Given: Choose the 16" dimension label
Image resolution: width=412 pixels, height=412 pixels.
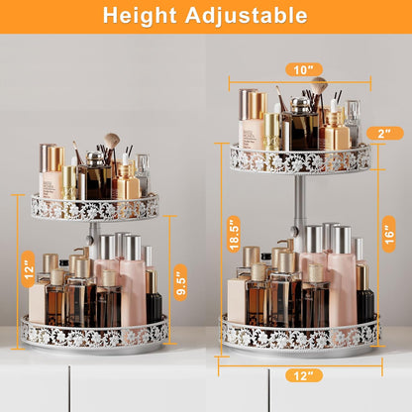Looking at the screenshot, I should [x=389, y=234].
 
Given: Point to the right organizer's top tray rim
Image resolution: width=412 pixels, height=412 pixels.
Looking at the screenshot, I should [x=300, y=158].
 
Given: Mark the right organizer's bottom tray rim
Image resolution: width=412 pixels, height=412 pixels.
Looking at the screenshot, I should [x=299, y=335].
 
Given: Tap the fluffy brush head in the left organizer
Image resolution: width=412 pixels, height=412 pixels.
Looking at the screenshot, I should [x=112, y=142].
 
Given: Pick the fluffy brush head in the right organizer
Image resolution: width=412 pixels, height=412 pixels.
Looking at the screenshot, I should [x=319, y=84].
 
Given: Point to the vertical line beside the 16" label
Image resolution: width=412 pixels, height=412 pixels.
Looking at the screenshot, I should [x=377, y=235].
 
